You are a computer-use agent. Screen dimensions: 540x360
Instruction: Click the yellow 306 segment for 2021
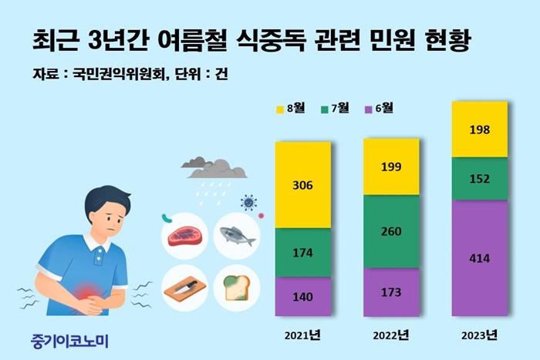pyautogui.click(x=302, y=185)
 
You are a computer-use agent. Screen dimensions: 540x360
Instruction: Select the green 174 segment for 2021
pyautogui.click(x=302, y=252)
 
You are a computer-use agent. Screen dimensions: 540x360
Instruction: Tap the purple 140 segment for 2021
pyautogui.click(x=302, y=296)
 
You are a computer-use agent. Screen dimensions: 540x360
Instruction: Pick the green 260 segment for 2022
pyautogui.click(x=391, y=231)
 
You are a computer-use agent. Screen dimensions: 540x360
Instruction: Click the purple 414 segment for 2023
pyautogui.click(x=479, y=257)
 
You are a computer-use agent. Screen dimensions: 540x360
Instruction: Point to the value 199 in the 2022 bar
pyautogui.click(x=391, y=167)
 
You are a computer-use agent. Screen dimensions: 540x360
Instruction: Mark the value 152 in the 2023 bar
pyautogui.click(x=479, y=179)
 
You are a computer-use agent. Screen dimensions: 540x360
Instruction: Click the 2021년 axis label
pyautogui.click(x=302, y=335)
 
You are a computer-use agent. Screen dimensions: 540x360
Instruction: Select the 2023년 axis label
pyautogui.click(x=479, y=335)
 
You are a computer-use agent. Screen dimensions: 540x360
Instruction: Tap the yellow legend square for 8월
pyautogui.click(x=280, y=109)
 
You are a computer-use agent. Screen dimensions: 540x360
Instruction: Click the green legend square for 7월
pyautogui.click(x=325, y=109)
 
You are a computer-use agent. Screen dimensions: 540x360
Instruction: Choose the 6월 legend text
pyautogui.click(x=384, y=108)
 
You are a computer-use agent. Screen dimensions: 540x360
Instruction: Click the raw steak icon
pyautogui.click(x=185, y=236)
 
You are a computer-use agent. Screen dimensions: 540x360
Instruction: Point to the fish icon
pyautogui.click(x=238, y=236)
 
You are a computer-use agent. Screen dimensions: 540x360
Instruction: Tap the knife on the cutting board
pyautogui.click(x=185, y=287)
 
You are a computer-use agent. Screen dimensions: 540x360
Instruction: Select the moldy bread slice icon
pyautogui.click(x=237, y=288)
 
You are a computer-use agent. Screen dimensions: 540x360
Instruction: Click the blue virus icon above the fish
pyautogui.click(x=248, y=203)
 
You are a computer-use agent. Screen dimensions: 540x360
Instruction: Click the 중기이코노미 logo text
pyautogui.click(x=69, y=341)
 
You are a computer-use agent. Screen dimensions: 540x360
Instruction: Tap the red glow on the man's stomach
pyautogui.click(x=88, y=291)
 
